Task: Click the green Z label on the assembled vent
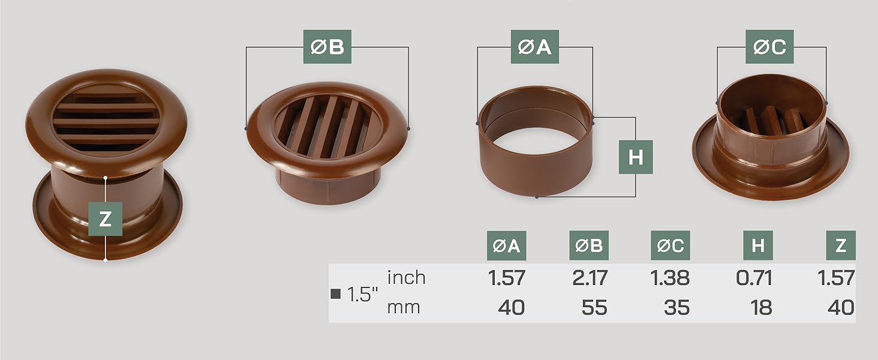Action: [x=106, y=219]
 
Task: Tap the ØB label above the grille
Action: [x=327, y=47]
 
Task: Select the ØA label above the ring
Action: [x=534, y=47]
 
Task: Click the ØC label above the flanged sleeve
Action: [x=769, y=47]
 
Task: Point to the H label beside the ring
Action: [x=636, y=157]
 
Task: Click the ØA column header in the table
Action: [x=506, y=245]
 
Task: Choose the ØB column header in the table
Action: [x=588, y=245]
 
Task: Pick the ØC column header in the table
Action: [x=670, y=245]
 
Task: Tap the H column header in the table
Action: [x=758, y=245]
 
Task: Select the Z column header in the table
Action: [x=840, y=245]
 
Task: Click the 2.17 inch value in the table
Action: [x=589, y=278]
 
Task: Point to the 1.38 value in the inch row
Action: [x=670, y=278]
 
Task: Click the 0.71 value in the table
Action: [x=753, y=278]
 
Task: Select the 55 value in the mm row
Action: [x=594, y=308]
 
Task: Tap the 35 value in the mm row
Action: [x=676, y=308]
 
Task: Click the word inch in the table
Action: [x=406, y=278]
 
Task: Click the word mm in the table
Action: [x=403, y=308]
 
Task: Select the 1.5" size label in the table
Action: [x=362, y=295]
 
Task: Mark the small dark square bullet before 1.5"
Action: [x=336, y=294]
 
